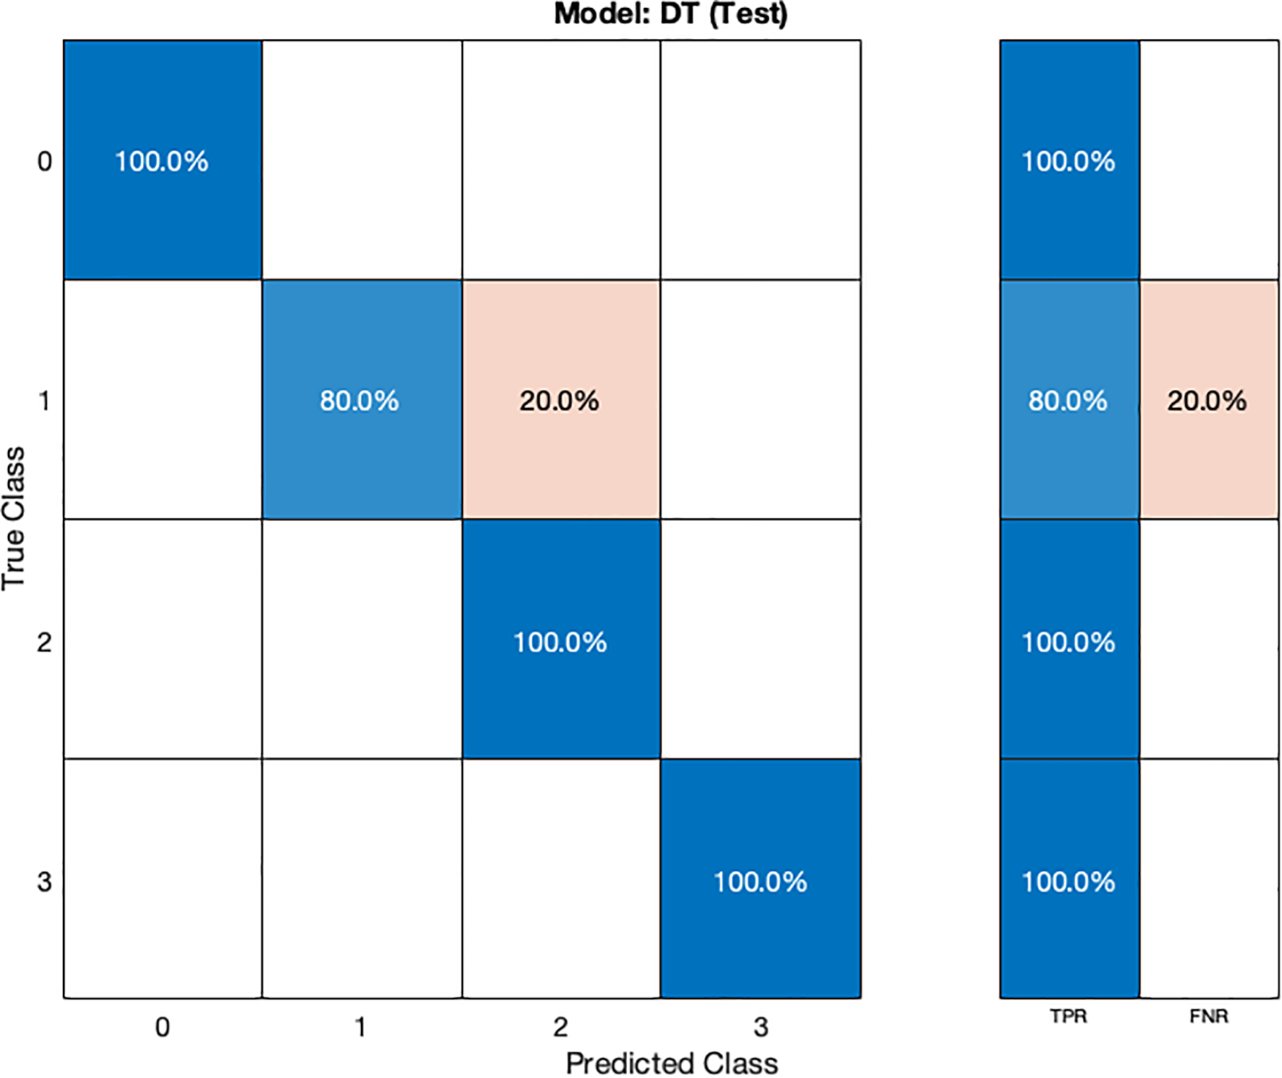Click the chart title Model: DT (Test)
670,14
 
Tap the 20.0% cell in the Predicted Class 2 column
560,400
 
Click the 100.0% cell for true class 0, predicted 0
162,160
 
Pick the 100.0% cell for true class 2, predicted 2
560,641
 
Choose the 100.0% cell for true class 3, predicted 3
760,880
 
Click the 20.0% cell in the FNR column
1208,400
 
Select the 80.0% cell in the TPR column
1069,400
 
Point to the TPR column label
1068,1016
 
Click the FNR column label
1209,1016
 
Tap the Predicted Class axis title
672,1063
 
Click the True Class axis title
14,518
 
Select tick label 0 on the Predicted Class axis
162,1027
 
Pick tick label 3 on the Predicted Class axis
760,1027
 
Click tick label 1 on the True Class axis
45,401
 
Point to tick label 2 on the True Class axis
45,642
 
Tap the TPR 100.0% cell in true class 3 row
1069,880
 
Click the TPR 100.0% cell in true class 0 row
1069,160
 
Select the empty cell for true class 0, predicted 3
760,160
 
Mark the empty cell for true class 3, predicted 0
162,878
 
